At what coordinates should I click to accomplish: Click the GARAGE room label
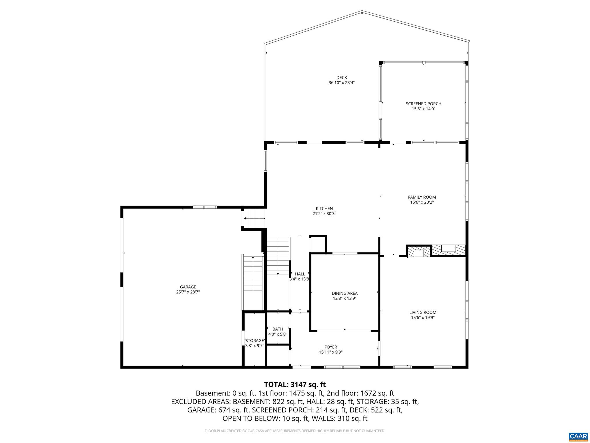click(188, 287)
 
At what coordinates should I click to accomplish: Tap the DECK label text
click(341, 78)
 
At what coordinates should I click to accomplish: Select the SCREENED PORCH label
click(423, 104)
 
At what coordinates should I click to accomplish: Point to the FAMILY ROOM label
click(422, 197)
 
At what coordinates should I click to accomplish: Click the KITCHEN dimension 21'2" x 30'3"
click(324, 214)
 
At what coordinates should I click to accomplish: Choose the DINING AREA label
click(345, 293)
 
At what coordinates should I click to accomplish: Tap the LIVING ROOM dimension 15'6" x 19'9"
click(423, 318)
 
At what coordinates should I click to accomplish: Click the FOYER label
click(330, 347)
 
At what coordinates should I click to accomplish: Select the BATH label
click(278, 329)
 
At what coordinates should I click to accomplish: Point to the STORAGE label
click(255, 340)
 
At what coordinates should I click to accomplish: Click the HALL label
click(300, 274)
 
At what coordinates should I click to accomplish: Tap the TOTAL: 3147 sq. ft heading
click(295, 384)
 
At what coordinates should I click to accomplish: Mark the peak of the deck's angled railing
click(362, 12)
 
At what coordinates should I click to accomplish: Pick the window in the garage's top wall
click(205, 207)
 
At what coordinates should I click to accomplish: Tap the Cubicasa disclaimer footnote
click(295, 431)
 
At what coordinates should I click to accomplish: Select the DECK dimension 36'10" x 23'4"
click(341, 83)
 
